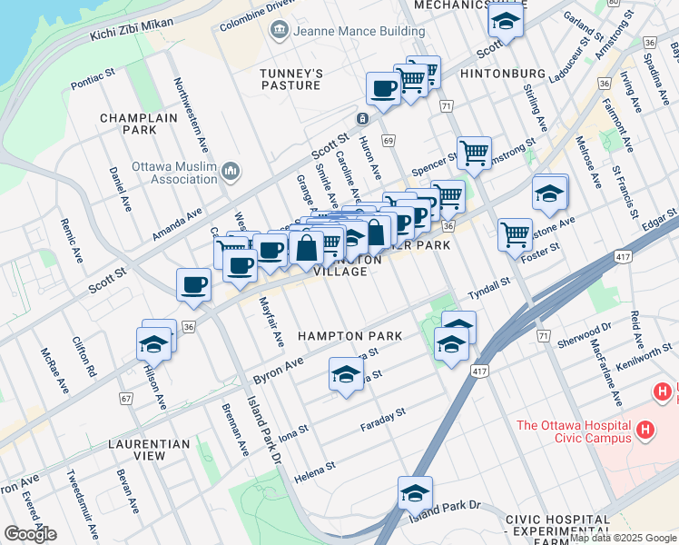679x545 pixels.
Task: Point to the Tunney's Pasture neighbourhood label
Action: [x=290, y=79]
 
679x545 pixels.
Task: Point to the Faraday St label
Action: [x=382, y=419]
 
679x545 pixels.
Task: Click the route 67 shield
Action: [x=125, y=399]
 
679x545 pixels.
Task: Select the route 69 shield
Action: [x=389, y=141]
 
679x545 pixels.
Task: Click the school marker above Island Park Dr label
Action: [x=415, y=492]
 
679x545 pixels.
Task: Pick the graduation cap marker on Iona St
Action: [x=345, y=374]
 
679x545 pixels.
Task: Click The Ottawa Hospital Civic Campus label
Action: [x=574, y=431]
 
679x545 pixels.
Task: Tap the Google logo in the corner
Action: [x=30, y=534]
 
